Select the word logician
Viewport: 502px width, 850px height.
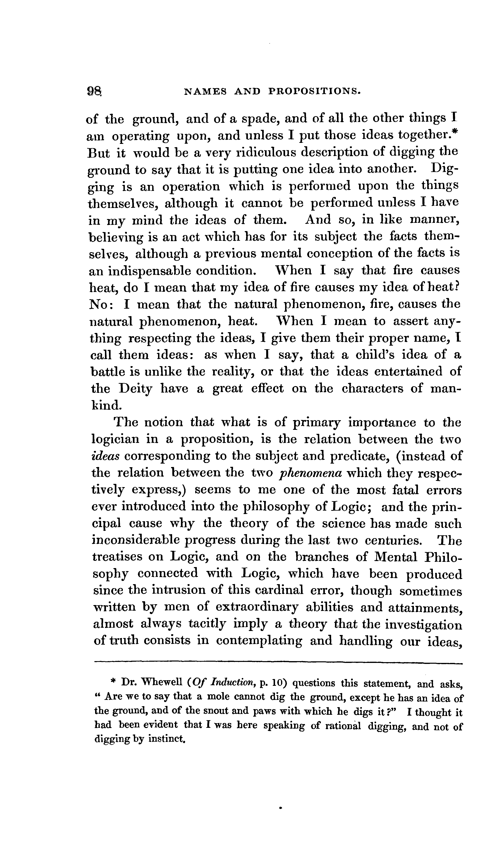115,439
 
